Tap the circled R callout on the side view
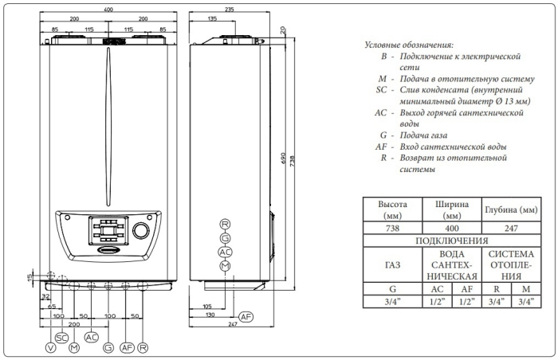(225, 224)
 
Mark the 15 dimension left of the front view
(30, 276)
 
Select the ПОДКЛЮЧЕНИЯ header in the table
(452, 240)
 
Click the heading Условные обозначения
(407, 45)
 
